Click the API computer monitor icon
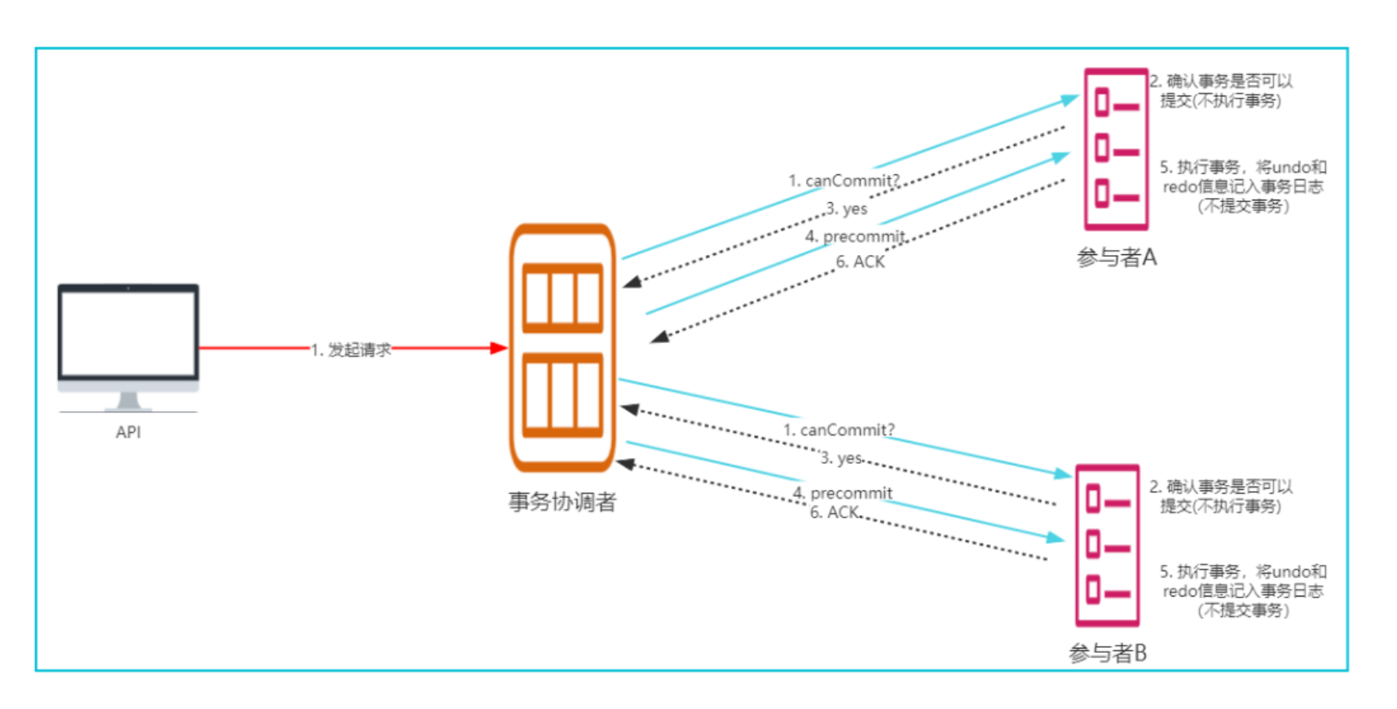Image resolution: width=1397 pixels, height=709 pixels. tap(128, 342)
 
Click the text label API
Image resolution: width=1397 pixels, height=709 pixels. tap(128, 433)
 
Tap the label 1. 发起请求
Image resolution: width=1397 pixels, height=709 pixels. tap(350, 350)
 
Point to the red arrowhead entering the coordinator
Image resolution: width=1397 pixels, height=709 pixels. tap(498, 348)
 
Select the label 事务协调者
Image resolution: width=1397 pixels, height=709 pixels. tap(562, 502)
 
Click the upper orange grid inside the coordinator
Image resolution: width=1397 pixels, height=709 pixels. tap(562, 297)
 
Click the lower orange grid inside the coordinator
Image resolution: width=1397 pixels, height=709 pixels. tap(562, 394)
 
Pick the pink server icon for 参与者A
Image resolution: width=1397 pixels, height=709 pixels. tap(1116, 149)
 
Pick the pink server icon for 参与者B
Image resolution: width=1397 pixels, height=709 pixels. tap(1107, 545)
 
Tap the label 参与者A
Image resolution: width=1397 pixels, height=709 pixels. tap(1116, 258)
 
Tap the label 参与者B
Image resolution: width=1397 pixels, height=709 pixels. tap(1108, 653)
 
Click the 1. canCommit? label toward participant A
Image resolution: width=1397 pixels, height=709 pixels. tap(844, 181)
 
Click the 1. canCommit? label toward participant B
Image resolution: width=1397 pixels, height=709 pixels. tap(839, 429)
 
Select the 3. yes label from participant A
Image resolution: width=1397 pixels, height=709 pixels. tap(847, 209)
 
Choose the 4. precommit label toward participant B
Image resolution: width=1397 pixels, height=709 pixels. tap(843, 493)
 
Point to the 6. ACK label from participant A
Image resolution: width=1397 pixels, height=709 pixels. tap(860, 262)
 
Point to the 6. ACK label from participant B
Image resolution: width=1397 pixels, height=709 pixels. tap(835, 513)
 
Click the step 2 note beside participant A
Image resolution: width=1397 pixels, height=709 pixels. tap(1221, 90)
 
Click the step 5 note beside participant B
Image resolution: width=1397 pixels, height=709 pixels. tap(1243, 591)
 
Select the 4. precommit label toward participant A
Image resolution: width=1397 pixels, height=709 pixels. tap(855, 236)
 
